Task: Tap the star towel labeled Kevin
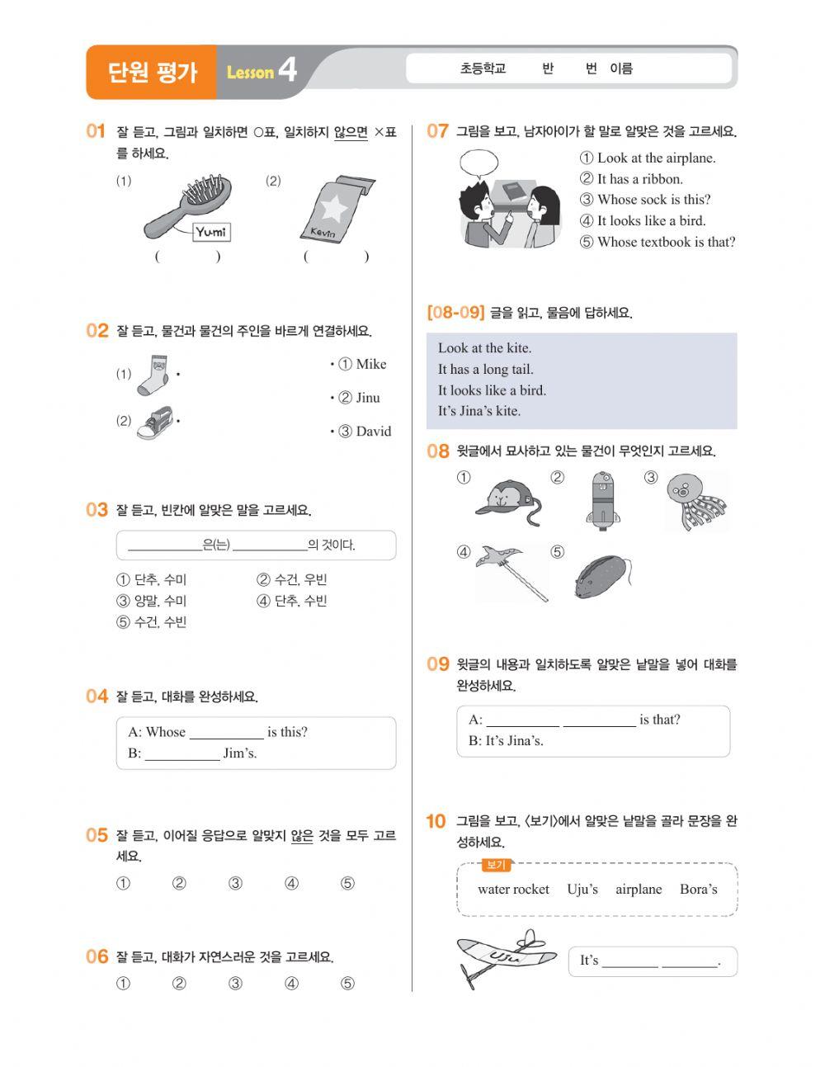tap(334, 209)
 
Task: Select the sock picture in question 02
tap(153, 375)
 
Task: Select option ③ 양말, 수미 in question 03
tap(152, 601)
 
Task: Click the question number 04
tap(97, 696)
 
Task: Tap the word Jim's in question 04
tap(239, 753)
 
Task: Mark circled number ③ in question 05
tap(235, 884)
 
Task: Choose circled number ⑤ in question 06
tap(347, 983)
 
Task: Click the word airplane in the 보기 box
tap(639, 889)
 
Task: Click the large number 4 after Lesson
tap(287, 70)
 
